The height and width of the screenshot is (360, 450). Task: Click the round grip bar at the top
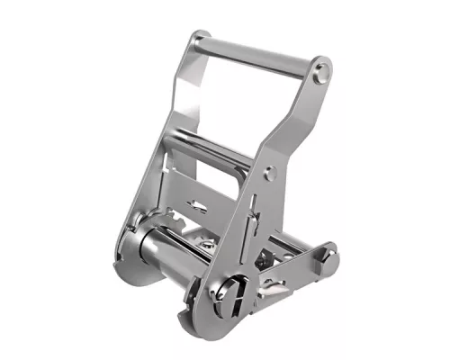(256, 51)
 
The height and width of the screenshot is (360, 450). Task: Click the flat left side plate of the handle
(184, 99)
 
